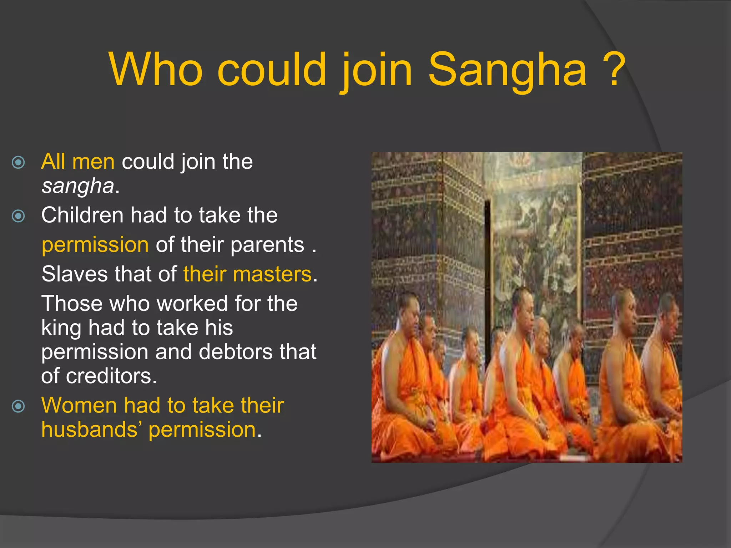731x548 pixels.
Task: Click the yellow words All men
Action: (x=78, y=162)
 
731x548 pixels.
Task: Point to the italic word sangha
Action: (x=77, y=186)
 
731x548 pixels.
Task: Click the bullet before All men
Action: (x=18, y=162)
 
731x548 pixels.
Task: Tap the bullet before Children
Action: (x=18, y=216)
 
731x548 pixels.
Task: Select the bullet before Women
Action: (x=18, y=406)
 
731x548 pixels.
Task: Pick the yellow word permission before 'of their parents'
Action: (x=95, y=245)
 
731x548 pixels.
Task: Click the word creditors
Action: (x=111, y=376)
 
